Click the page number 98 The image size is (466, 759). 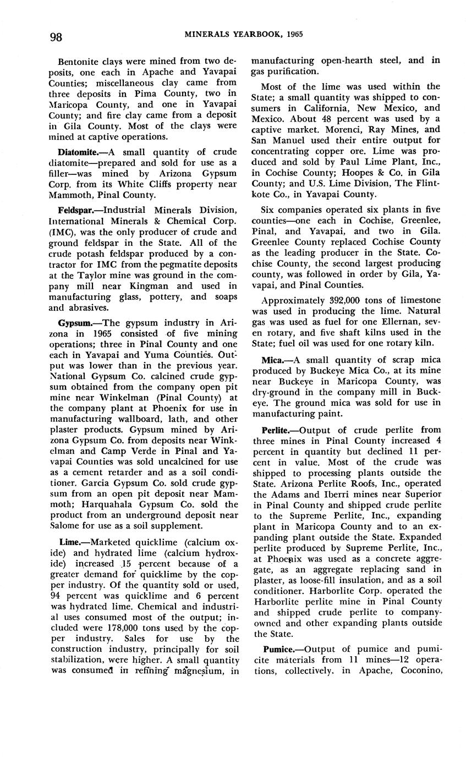56,37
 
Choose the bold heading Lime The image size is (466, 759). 68,542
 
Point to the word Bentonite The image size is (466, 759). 78,61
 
